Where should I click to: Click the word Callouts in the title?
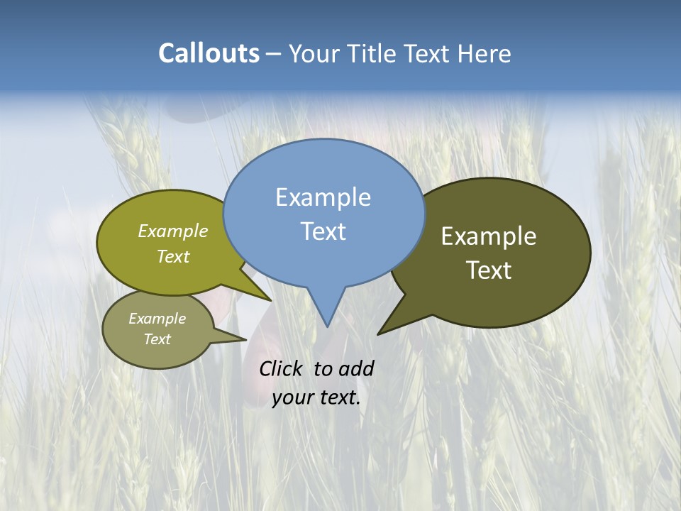(x=209, y=53)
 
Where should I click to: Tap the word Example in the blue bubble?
(x=323, y=197)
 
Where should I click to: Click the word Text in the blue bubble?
(x=323, y=231)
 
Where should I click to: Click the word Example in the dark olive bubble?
(x=489, y=236)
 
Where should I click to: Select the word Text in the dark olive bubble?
(x=489, y=270)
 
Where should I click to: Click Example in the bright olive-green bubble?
(x=173, y=231)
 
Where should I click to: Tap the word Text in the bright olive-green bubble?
(x=173, y=256)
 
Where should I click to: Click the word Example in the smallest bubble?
(x=157, y=319)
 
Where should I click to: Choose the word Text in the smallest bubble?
(x=157, y=339)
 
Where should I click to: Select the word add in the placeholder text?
(x=356, y=368)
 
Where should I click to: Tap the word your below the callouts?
(x=292, y=397)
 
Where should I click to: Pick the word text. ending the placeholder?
(x=338, y=397)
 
